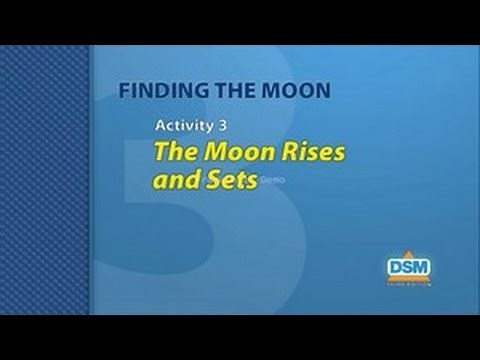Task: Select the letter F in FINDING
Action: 123,89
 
